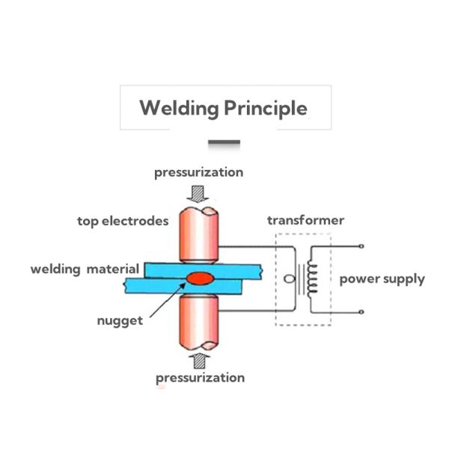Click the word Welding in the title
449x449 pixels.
click(x=178, y=108)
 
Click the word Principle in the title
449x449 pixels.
click(x=266, y=109)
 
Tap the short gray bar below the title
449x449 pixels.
click(x=224, y=142)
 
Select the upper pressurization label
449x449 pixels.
click(x=199, y=172)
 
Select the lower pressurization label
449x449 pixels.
click(x=200, y=377)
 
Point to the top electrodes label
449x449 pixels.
click(x=123, y=221)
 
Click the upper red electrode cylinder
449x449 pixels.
click(x=198, y=232)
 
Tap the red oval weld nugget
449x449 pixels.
click(x=200, y=278)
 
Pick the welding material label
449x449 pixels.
click(x=85, y=269)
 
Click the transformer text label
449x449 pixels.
click(x=305, y=220)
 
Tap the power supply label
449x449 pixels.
click(x=382, y=279)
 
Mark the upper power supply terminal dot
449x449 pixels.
click(x=362, y=246)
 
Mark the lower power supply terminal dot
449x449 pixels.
click(x=362, y=311)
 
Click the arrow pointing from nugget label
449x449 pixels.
click(x=166, y=299)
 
